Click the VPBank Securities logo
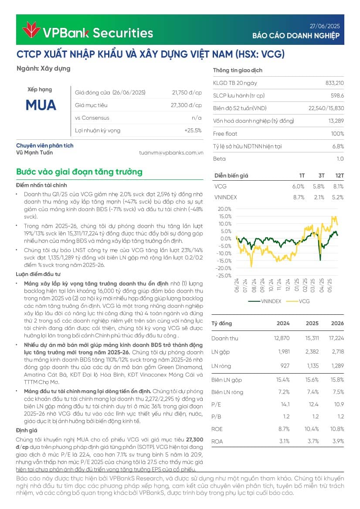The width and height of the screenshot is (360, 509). coord(87,32)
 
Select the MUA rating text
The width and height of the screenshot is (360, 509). coord(41,105)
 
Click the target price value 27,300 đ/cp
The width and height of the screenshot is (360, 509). coord(186,105)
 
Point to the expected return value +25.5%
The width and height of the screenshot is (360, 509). coord(193,130)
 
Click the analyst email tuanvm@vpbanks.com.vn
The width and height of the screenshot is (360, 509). coord(171,153)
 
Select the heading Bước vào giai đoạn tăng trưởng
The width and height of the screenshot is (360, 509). coord(79,172)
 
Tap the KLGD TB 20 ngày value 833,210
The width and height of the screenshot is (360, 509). coord(334,83)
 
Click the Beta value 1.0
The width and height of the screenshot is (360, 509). coord(340,159)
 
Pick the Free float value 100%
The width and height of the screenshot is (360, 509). coord(337,134)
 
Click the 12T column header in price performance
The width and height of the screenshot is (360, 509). coord(339,175)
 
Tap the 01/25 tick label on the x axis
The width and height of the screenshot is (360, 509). coord(297,286)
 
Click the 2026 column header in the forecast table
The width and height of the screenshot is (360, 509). coord(337,324)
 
